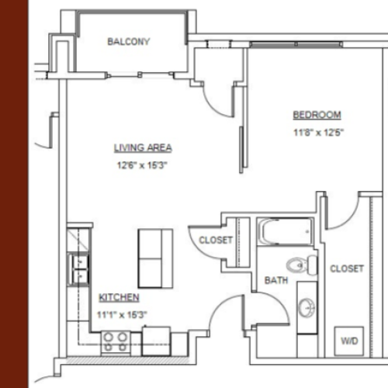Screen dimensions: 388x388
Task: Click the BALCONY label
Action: (129, 42)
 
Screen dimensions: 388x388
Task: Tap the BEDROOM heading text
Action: (317, 115)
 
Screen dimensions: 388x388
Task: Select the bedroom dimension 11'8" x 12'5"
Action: (318, 133)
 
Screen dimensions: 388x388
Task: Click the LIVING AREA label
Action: (143, 147)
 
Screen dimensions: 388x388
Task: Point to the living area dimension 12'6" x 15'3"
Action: (142, 165)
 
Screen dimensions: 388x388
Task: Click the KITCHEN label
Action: (119, 297)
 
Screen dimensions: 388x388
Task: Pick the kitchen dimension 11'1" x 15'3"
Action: (122, 315)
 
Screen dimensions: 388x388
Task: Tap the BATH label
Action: (276, 280)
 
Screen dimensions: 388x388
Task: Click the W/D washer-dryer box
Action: (349, 341)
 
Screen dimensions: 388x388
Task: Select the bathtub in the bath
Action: (286, 231)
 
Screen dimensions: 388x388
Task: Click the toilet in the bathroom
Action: (302, 265)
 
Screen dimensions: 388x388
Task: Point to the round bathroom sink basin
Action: (307, 307)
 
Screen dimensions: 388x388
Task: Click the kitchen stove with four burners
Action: (116, 342)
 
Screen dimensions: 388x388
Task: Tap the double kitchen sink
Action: (79, 269)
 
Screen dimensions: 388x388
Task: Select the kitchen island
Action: (155, 258)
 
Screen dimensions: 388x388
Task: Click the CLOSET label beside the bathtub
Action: (216, 240)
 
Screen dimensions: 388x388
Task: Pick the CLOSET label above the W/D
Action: (347, 268)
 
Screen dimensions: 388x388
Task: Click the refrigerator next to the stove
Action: (156, 341)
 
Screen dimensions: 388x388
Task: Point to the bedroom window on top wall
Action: (296, 44)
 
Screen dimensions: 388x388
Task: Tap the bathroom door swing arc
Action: (277, 304)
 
